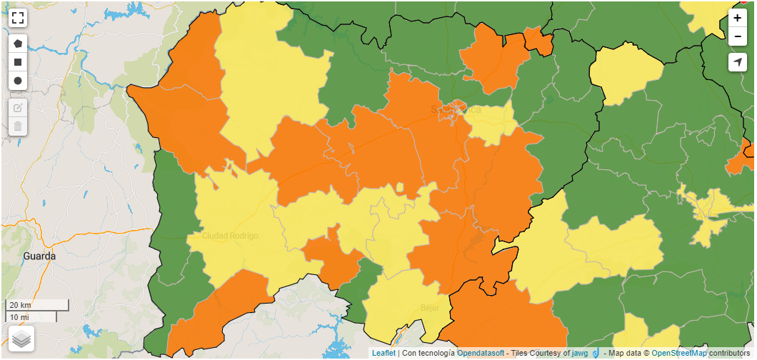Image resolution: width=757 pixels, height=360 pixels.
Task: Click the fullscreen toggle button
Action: pyautogui.click(x=18, y=18)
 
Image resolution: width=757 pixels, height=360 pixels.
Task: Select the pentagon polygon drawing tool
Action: pyautogui.click(x=18, y=44)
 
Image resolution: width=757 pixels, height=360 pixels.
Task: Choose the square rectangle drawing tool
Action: pyautogui.click(x=18, y=62)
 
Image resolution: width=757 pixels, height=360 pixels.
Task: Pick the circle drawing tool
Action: pyautogui.click(x=18, y=81)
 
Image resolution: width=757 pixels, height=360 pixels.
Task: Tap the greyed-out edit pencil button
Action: pyautogui.click(x=18, y=108)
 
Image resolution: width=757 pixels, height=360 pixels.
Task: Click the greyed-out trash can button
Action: pyautogui.click(x=18, y=126)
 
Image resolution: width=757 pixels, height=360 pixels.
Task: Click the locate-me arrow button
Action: pyautogui.click(x=738, y=62)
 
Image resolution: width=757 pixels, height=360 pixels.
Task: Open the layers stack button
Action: pyautogui.click(x=21, y=338)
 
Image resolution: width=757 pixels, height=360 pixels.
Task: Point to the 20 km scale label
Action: pyautogui.click(x=20, y=305)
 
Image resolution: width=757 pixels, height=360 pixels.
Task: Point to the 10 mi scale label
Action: pyautogui.click(x=20, y=316)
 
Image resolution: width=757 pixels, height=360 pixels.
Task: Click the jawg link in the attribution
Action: pyautogui.click(x=580, y=353)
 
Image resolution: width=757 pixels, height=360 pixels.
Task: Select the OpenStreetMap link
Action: pyautogui.click(x=678, y=353)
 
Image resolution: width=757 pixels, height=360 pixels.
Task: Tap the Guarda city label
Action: pyautogui.click(x=39, y=256)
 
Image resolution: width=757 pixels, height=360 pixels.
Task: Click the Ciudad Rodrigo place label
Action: pyautogui.click(x=230, y=236)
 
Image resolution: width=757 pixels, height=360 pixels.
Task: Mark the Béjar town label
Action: pyautogui.click(x=429, y=308)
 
